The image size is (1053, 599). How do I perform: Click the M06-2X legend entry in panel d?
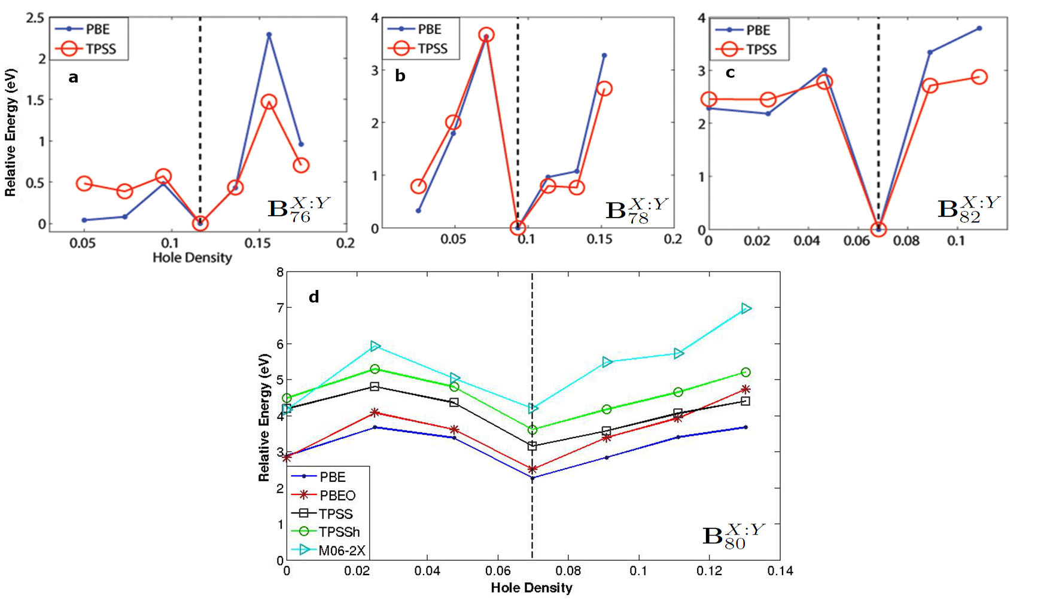tap(342, 551)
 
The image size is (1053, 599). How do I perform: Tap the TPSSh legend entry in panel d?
tap(339, 532)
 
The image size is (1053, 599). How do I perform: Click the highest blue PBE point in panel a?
tap(269, 35)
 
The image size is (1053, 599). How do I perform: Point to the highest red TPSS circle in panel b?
tap(486, 35)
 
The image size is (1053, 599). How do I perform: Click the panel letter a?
tap(73, 77)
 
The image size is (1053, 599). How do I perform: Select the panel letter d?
tap(314, 297)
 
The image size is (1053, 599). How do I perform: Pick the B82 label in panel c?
tap(968, 209)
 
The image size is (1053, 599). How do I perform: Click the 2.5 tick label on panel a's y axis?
tap(35, 18)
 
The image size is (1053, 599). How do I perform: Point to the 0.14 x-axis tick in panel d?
tap(780, 572)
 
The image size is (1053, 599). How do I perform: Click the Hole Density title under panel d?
tap(531, 588)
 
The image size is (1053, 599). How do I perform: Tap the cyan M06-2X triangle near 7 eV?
tap(746, 308)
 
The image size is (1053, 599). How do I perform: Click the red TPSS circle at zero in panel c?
tap(878, 229)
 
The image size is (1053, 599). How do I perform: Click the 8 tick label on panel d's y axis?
tap(280, 272)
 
